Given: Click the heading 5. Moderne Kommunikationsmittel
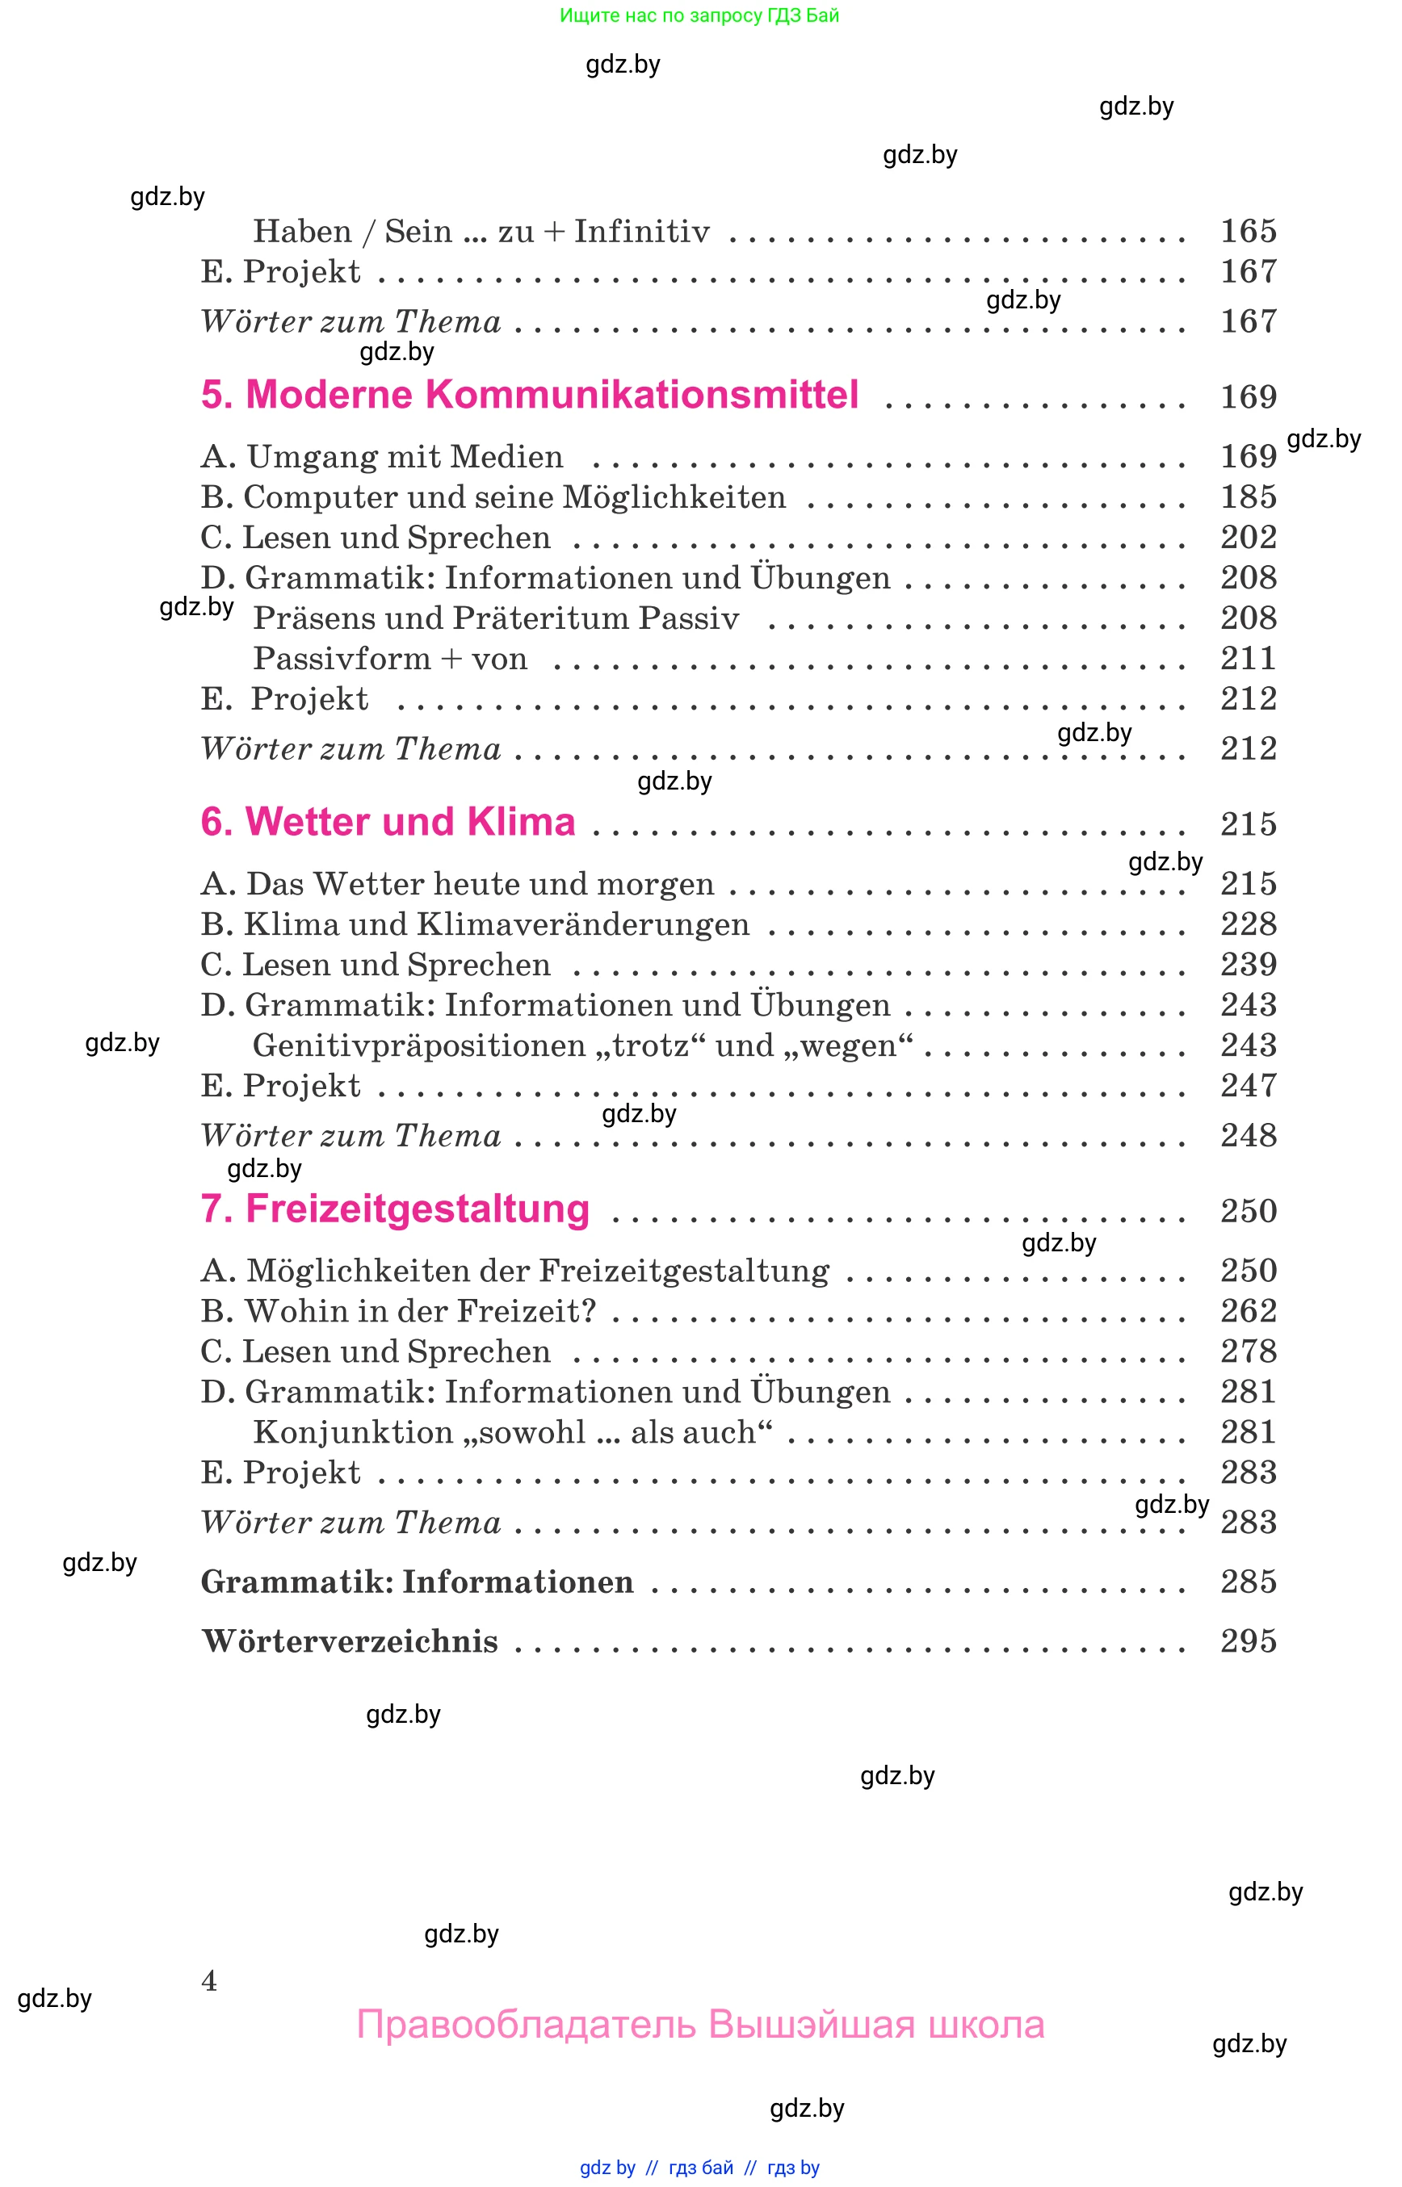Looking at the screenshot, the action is [x=529, y=395].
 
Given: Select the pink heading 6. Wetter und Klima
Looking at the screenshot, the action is [x=388, y=822].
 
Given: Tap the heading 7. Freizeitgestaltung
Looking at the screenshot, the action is [x=395, y=1209].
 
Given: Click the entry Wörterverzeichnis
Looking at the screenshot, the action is [x=350, y=1641].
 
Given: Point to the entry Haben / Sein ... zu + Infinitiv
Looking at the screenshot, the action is [x=481, y=231].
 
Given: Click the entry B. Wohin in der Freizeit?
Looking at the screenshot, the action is [x=398, y=1310].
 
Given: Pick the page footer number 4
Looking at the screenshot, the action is [x=209, y=1980].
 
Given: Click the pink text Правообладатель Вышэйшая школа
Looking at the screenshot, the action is [x=700, y=2024].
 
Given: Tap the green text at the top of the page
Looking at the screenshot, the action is [x=699, y=15].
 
